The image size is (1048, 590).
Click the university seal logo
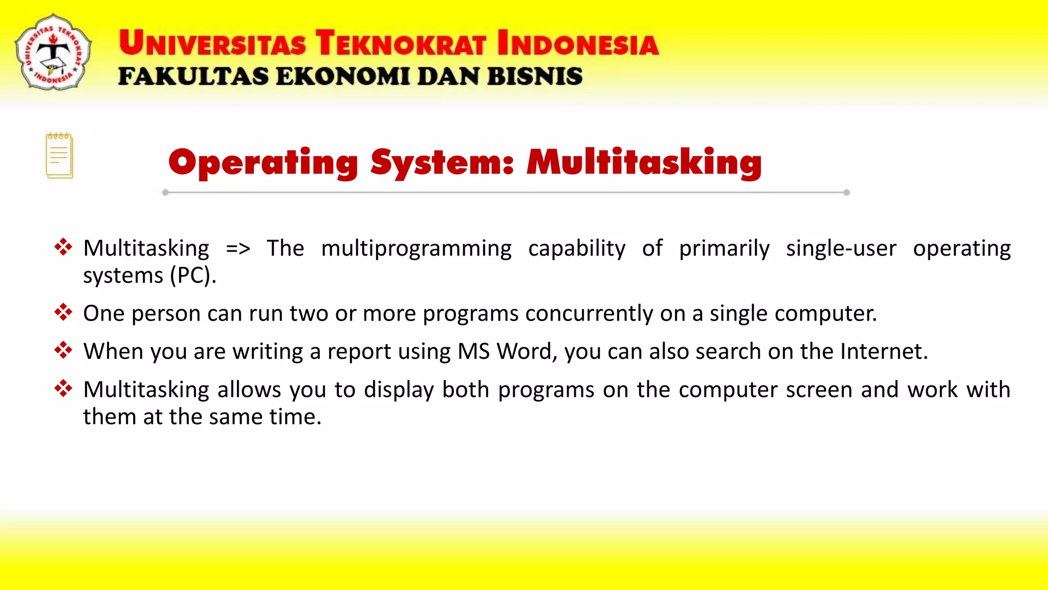pos(53,52)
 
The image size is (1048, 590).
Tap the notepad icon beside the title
pos(59,156)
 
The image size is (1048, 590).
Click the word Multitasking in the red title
pos(644,163)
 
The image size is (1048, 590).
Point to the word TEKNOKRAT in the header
pos(401,43)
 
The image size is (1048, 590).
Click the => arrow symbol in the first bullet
pos(238,249)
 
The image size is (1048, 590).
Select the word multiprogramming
pos(416,249)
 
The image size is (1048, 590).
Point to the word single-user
pos(841,248)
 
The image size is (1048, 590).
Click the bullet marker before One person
pos(63,312)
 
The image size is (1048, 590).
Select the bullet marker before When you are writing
pos(63,350)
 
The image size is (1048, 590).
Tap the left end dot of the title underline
pos(165,193)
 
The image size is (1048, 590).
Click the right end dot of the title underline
pos(846,193)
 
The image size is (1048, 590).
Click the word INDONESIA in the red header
pos(578,43)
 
